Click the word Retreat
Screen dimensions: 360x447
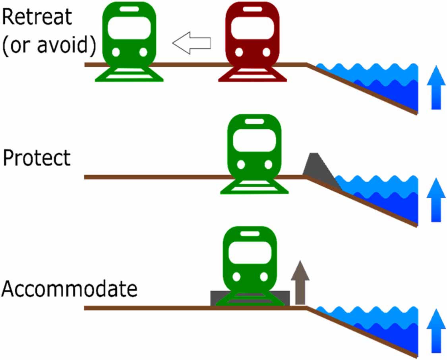37,17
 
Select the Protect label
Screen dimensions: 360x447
37,158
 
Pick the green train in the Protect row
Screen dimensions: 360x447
254,153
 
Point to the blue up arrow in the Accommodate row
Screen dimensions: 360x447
436,331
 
